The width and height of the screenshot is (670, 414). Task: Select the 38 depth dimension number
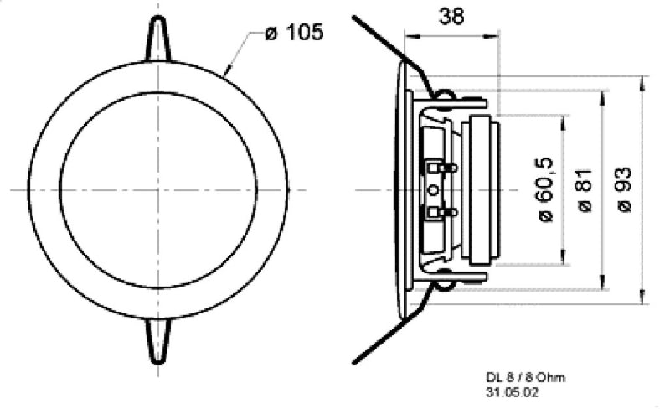pyautogui.click(x=451, y=15)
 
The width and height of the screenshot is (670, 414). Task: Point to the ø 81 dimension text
pyautogui.click(x=585, y=190)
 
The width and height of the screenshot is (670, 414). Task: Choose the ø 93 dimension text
pyautogui.click(x=624, y=190)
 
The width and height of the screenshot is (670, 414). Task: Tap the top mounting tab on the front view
pyautogui.click(x=159, y=37)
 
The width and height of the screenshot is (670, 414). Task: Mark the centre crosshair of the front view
pyautogui.click(x=159, y=190)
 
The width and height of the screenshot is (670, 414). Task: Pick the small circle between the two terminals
pyautogui.click(x=433, y=190)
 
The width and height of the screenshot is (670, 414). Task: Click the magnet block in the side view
pyautogui.click(x=484, y=190)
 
